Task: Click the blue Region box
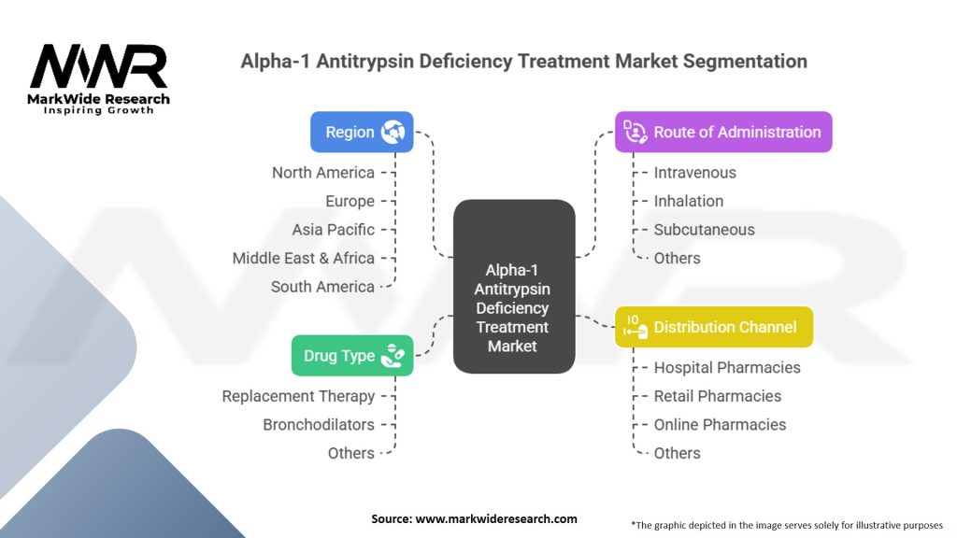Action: click(x=361, y=132)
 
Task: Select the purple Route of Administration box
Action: click(x=722, y=132)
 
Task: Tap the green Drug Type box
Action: click(x=351, y=356)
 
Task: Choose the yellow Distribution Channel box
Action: click(x=713, y=327)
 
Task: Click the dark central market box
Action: click(x=513, y=287)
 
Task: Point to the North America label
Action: click(x=322, y=173)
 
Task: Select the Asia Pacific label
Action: click(x=333, y=230)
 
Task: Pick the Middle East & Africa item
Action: click(x=303, y=258)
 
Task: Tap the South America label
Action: click(x=322, y=287)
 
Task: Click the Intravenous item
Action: click(x=694, y=173)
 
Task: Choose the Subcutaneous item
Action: click(x=704, y=230)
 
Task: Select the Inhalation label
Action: click(x=688, y=201)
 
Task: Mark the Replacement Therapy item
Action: click(x=298, y=396)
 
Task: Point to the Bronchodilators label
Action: click(x=318, y=425)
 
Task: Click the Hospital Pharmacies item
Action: click(x=726, y=368)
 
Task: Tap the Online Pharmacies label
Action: click(x=720, y=425)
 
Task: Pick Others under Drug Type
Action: click(x=350, y=453)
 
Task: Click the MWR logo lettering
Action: click(x=98, y=67)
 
